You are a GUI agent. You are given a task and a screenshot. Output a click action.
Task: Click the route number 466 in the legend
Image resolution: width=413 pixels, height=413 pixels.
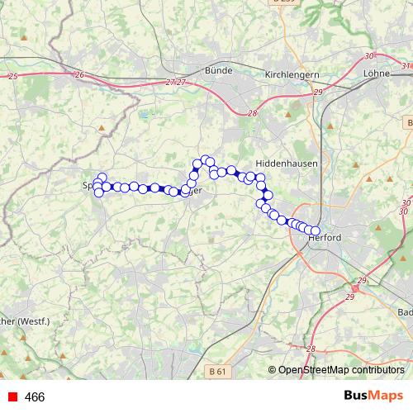coord(35,397)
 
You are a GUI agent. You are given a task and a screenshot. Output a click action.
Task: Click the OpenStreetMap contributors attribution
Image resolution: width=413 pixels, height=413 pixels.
coord(340,370)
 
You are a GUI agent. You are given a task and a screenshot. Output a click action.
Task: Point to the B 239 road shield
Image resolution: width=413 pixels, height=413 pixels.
coord(282,3)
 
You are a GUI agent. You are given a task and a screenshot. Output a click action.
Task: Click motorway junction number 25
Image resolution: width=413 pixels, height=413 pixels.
coord(12,76)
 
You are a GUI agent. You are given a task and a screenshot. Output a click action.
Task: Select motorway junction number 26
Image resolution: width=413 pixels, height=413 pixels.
coord(79,75)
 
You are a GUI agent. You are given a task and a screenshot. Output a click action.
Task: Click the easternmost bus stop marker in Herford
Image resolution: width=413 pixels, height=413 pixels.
coord(315,231)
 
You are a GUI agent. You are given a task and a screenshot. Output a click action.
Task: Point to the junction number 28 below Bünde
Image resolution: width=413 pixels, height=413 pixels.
coord(252,114)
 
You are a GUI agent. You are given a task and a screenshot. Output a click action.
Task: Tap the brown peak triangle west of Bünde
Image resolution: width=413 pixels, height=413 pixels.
coord(102,128)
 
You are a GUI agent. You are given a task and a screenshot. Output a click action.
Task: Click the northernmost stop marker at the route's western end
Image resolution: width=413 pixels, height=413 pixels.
coord(102,177)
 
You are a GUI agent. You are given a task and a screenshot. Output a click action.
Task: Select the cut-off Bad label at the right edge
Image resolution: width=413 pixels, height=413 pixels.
coord(405,312)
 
